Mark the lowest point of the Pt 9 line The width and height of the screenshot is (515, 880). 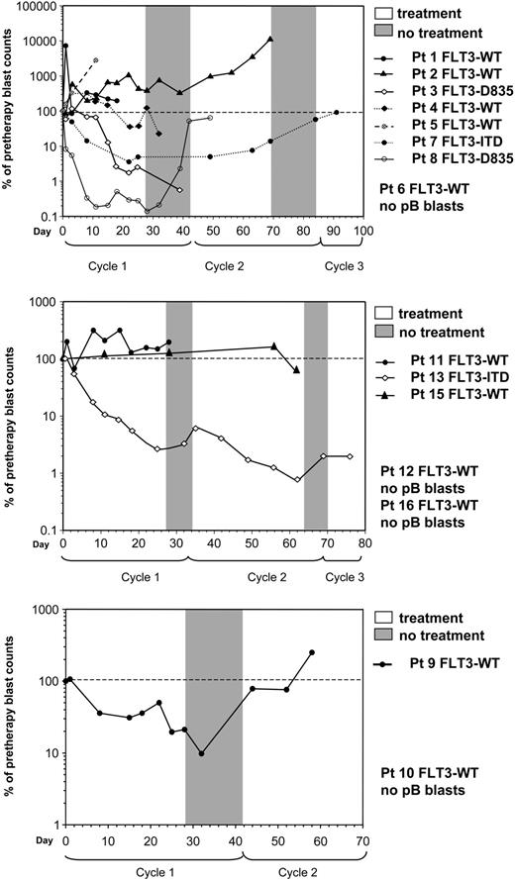pyautogui.click(x=202, y=753)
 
